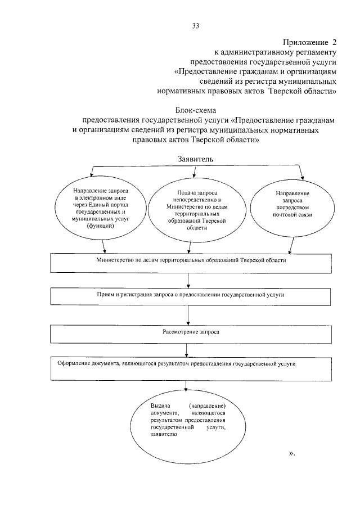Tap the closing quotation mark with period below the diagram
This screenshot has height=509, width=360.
(291, 453)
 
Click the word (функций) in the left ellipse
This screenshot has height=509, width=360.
(101, 226)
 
